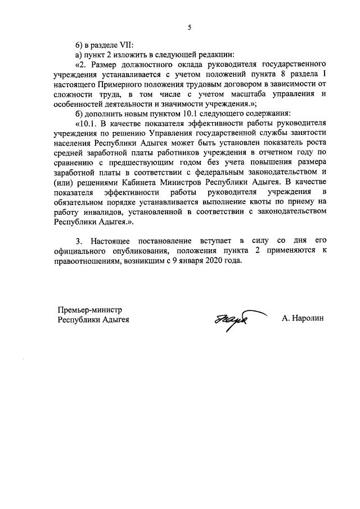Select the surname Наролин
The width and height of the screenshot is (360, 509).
click(304, 318)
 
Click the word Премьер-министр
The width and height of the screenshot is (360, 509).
click(89, 310)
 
